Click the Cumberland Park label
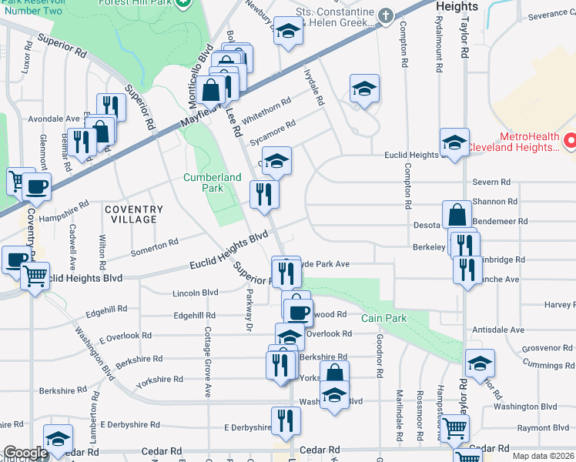click(x=203, y=182)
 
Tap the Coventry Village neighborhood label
click(x=134, y=214)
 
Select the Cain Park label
click(x=383, y=317)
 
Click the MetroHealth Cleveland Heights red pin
click(x=571, y=141)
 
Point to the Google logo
click(x=25, y=454)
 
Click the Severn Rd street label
click(x=493, y=182)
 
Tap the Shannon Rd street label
click(x=495, y=202)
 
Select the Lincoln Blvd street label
click(x=196, y=293)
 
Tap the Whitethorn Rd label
click(x=266, y=111)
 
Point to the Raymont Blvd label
click(x=544, y=428)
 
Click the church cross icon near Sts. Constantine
click(x=386, y=15)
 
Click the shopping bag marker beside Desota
click(x=457, y=214)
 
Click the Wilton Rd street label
click(x=102, y=246)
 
